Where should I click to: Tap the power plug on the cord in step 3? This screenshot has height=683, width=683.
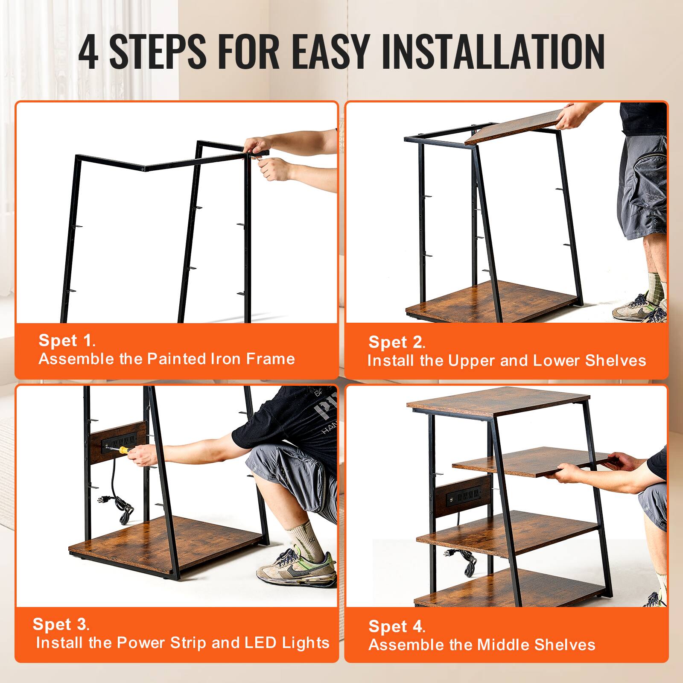click(103, 499)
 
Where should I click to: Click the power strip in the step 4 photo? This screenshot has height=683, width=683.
click(464, 497)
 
